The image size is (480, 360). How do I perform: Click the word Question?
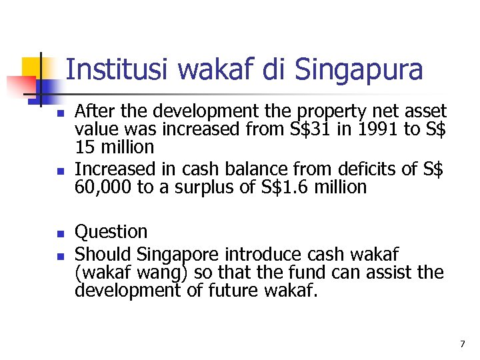pos(111,232)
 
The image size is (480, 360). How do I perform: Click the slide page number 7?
pos(462,344)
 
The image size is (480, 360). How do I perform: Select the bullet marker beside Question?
pos(60,234)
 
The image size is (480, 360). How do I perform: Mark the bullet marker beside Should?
pos(60,256)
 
